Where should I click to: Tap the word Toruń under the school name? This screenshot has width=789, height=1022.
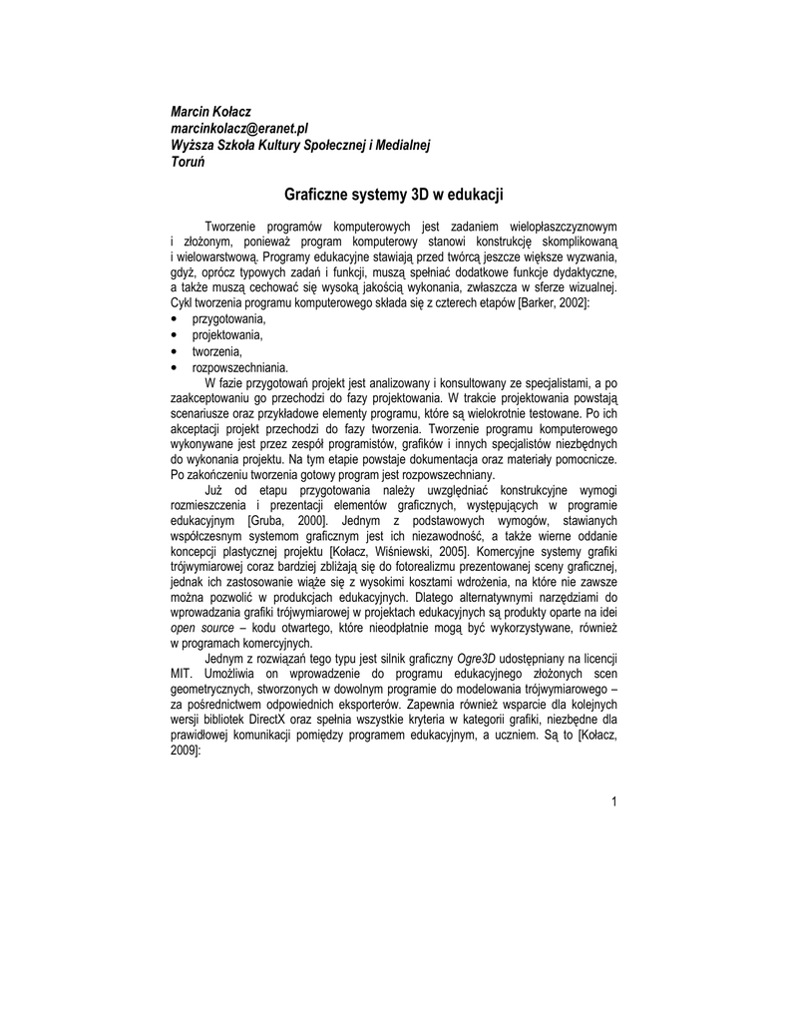(189, 163)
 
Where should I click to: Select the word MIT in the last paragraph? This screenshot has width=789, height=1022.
(183, 676)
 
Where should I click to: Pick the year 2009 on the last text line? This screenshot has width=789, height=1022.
(186, 756)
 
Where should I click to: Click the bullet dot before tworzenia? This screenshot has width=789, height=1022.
(175, 351)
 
